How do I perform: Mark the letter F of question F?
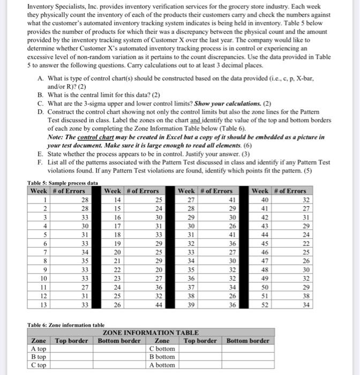pyautogui.click(x=41, y=162)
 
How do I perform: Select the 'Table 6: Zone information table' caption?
pyautogui.click(x=66, y=325)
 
